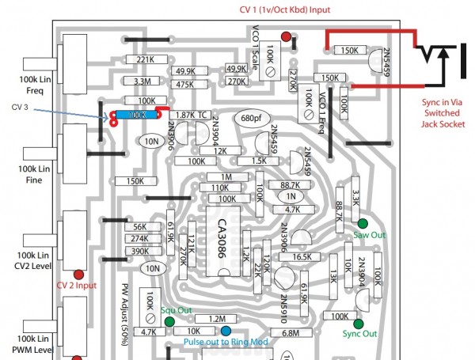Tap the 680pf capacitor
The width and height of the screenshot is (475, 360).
251,119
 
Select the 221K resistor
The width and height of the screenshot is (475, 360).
145,60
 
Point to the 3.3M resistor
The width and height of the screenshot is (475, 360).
143,81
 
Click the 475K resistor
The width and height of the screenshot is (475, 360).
186,85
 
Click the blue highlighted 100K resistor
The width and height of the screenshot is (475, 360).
137,116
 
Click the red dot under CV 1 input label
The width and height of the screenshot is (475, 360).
285,36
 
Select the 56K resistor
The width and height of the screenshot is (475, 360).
139,226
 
